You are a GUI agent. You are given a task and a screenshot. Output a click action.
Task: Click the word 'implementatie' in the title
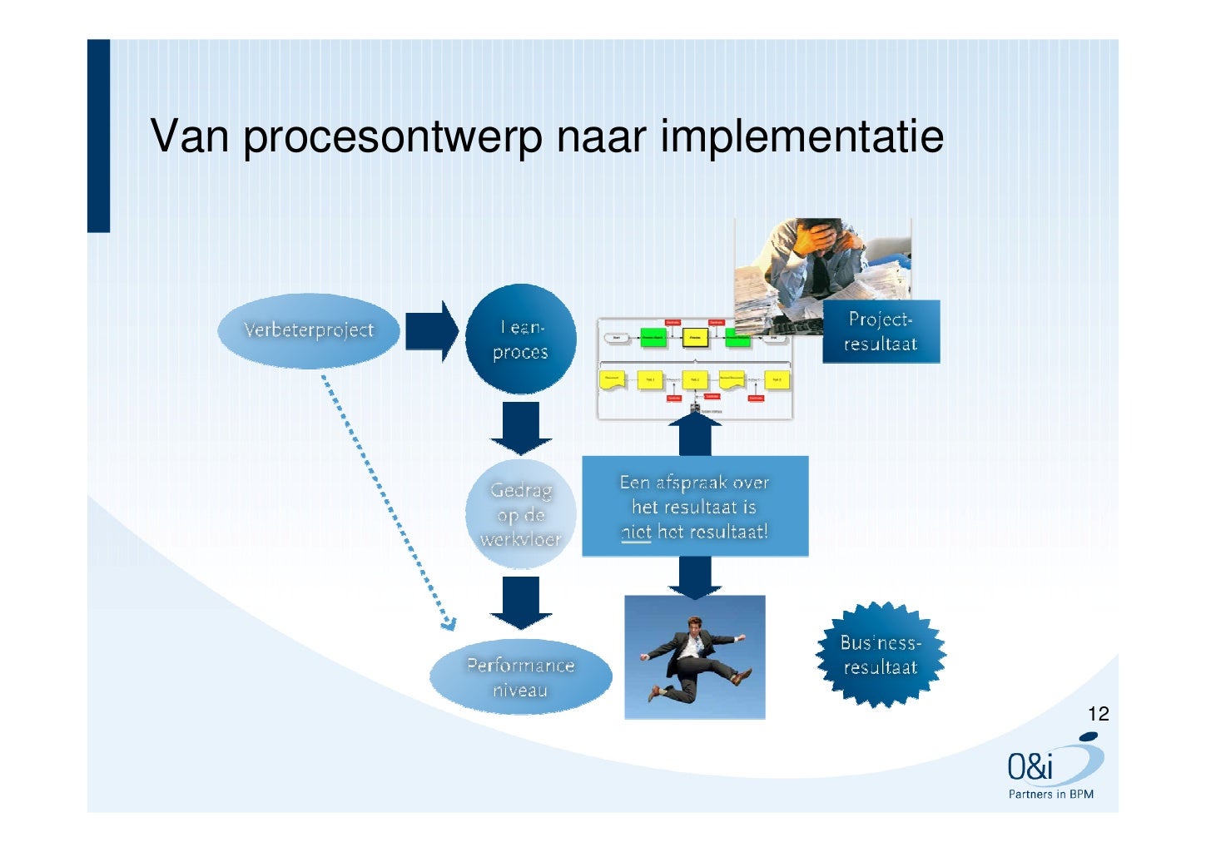(x=802, y=136)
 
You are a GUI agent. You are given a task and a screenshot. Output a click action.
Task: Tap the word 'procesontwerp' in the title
(x=392, y=138)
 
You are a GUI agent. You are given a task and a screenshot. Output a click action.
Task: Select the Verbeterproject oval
(x=309, y=330)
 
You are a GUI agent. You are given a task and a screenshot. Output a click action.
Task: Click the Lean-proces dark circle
(x=520, y=339)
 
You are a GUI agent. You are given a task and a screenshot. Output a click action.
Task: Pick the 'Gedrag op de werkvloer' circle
(x=520, y=514)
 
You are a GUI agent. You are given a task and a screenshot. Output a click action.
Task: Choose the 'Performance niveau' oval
(x=520, y=676)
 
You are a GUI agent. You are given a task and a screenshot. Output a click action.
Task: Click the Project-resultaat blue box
(x=881, y=332)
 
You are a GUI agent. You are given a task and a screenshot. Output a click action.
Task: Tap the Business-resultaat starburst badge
(x=881, y=655)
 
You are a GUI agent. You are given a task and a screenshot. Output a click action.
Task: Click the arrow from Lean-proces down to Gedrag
(x=521, y=427)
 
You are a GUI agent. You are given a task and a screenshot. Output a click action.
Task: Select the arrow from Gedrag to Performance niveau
(x=521, y=602)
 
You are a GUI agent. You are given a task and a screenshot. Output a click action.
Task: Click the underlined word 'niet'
(x=636, y=532)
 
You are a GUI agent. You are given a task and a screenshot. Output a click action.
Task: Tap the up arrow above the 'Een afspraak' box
(x=695, y=433)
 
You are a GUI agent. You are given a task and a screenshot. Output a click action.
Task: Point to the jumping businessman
(x=694, y=657)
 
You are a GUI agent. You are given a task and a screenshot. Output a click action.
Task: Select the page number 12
(x=1098, y=714)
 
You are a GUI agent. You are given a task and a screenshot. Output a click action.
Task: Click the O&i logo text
(x=1030, y=766)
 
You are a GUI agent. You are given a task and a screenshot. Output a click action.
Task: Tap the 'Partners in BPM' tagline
(x=1050, y=794)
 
